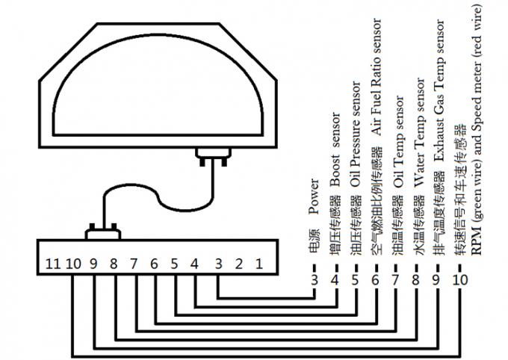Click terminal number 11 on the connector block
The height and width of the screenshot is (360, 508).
(x=52, y=263)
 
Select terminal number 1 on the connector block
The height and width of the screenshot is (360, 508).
(x=258, y=263)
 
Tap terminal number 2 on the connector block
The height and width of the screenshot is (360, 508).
(x=239, y=263)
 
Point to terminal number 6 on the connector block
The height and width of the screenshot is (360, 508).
(x=154, y=263)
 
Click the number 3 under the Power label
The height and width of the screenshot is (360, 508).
(x=314, y=282)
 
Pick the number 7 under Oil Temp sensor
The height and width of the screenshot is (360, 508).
(x=395, y=282)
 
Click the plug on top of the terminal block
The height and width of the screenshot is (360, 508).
(x=102, y=232)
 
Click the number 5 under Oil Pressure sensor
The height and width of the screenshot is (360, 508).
(x=355, y=282)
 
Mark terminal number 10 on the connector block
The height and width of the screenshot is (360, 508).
(x=73, y=263)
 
